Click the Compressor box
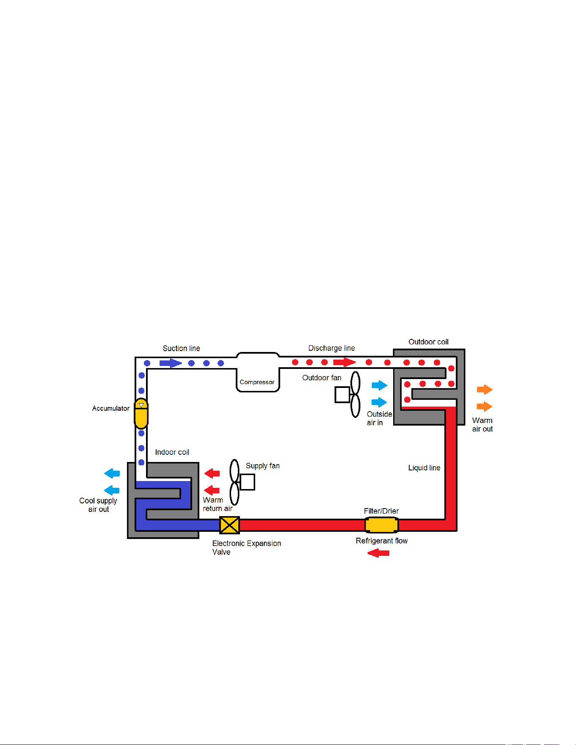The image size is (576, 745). pos(258,372)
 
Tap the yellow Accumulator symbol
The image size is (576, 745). pos(141,413)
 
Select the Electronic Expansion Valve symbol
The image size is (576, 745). pos(229,525)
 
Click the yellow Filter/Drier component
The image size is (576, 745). pos(381,525)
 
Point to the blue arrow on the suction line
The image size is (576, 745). pos(171,363)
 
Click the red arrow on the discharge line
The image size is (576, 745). pos(344,362)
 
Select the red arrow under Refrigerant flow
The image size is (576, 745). pos(378,553)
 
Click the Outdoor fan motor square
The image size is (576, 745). pos(342,395)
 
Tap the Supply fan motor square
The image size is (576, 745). pos(247,482)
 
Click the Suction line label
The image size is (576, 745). pos(181,348)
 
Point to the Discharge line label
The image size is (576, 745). pos(331,348)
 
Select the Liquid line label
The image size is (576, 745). pos(424,467)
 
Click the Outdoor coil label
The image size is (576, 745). pos(428,341)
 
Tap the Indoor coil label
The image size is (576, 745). pos(172,452)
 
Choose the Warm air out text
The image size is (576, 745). pos(482,424)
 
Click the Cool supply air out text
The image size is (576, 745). pos(98,505)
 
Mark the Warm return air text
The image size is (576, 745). pos(218,504)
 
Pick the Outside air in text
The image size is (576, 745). pos(379,418)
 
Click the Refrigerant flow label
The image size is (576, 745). pos(381,541)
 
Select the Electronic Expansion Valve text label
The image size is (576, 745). pos(246,547)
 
